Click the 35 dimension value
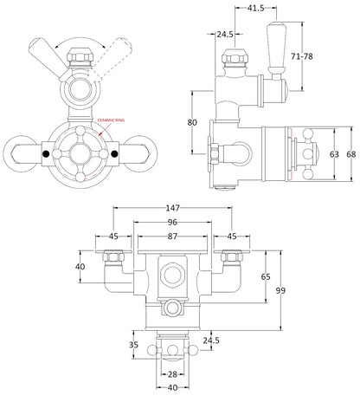[132, 344]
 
